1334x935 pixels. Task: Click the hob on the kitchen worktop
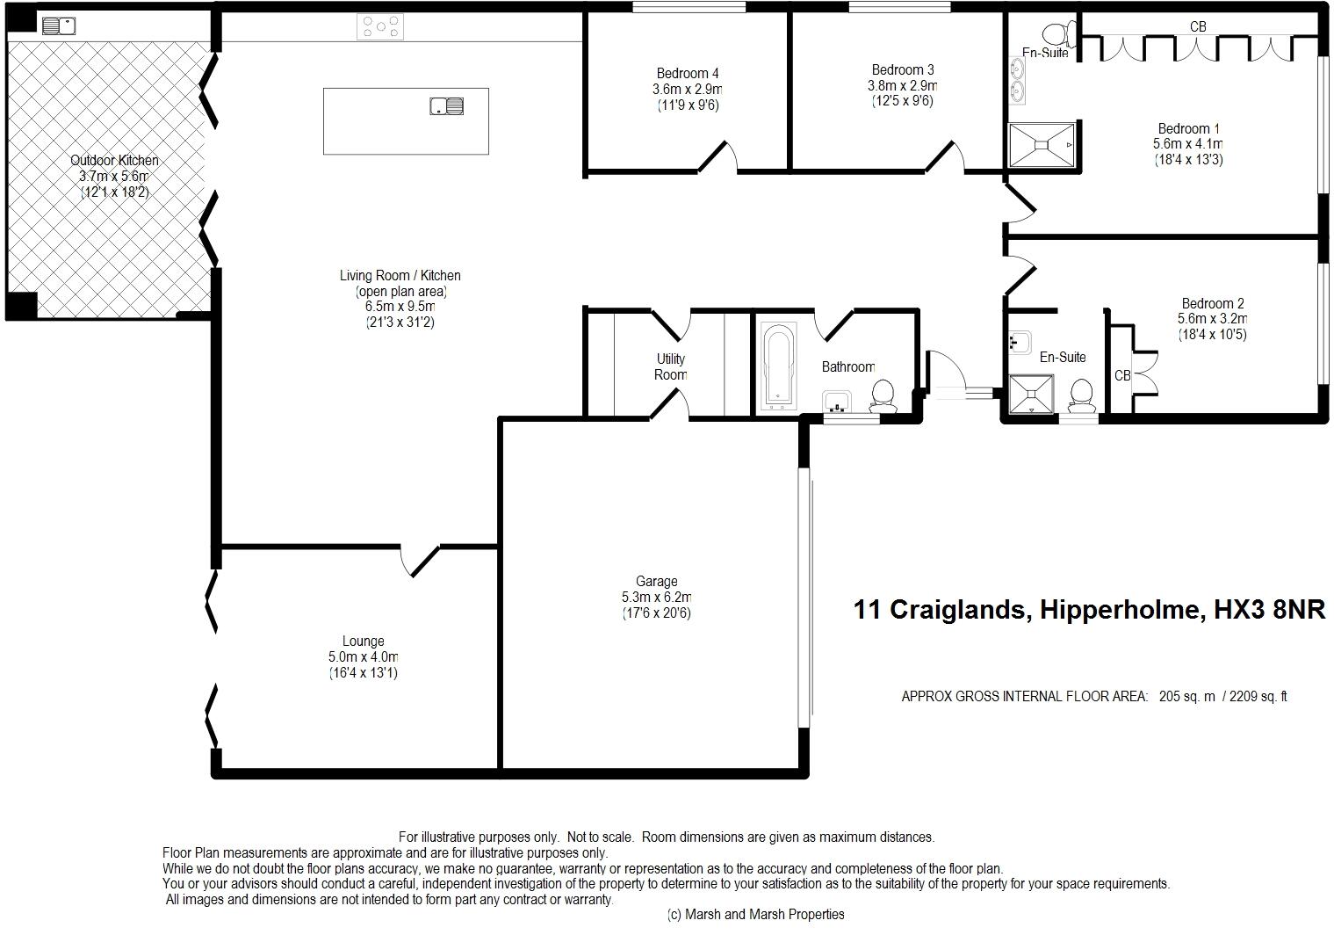pyautogui.click(x=380, y=27)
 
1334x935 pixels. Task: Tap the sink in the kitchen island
pyautogui.click(x=447, y=106)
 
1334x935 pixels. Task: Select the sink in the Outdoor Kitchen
pyautogui.click(x=59, y=26)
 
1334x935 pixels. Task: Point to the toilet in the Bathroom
pyautogui.click(x=883, y=396)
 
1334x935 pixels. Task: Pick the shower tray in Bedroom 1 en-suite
pyautogui.click(x=1042, y=145)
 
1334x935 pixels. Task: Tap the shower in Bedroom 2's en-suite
pyautogui.click(x=1032, y=394)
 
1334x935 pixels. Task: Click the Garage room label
pyautogui.click(x=656, y=581)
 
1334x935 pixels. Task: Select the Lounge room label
pyautogui.click(x=364, y=641)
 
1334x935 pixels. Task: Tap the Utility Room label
pyautogui.click(x=671, y=366)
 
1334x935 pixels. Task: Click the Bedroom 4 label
pyautogui.click(x=688, y=73)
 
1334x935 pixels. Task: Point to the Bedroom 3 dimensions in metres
pyautogui.click(x=902, y=85)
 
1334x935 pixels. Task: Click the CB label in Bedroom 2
pyautogui.click(x=1122, y=375)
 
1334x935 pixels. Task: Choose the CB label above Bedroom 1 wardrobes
pyautogui.click(x=1198, y=27)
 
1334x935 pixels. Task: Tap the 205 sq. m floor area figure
pyautogui.click(x=1187, y=696)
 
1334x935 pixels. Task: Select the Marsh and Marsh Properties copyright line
pyautogui.click(x=755, y=914)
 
